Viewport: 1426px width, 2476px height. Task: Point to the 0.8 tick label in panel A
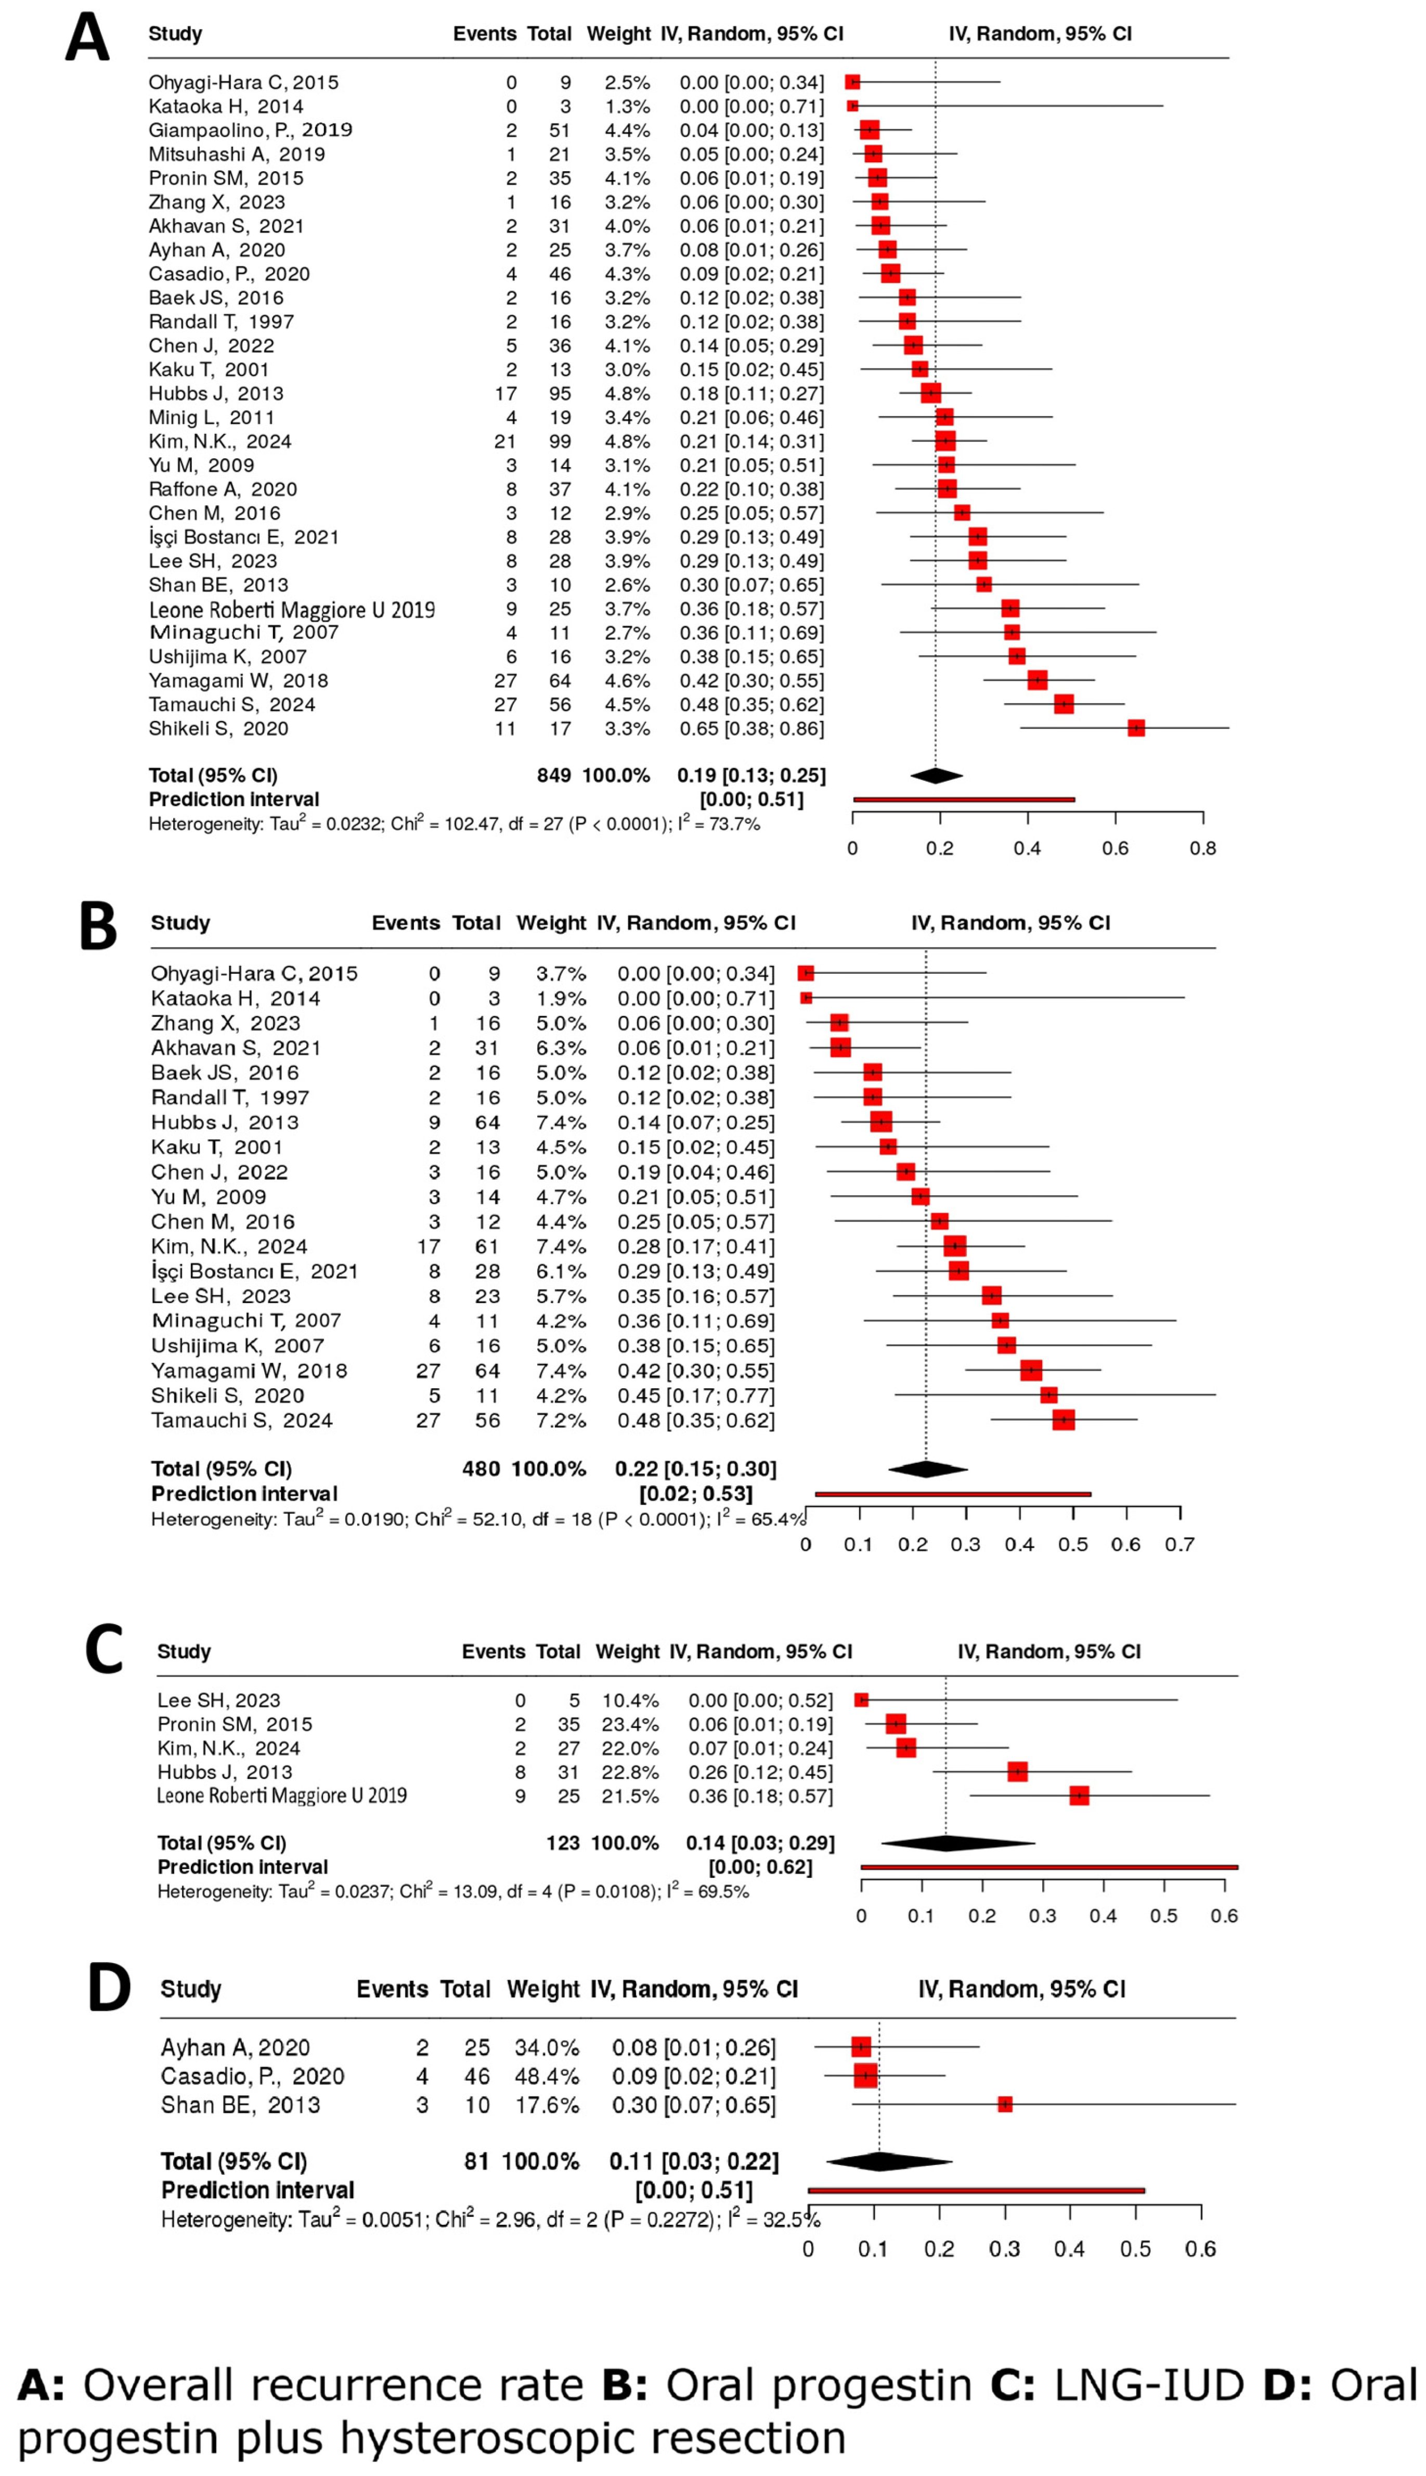click(1203, 848)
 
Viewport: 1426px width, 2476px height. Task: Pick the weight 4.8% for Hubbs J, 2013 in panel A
click(627, 394)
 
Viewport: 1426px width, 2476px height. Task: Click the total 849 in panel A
click(553, 776)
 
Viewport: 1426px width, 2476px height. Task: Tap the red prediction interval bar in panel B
click(952, 1493)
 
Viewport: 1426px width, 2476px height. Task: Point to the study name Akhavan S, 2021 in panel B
click(235, 1048)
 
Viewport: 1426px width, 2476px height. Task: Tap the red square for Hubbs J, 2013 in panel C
click(1018, 1772)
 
